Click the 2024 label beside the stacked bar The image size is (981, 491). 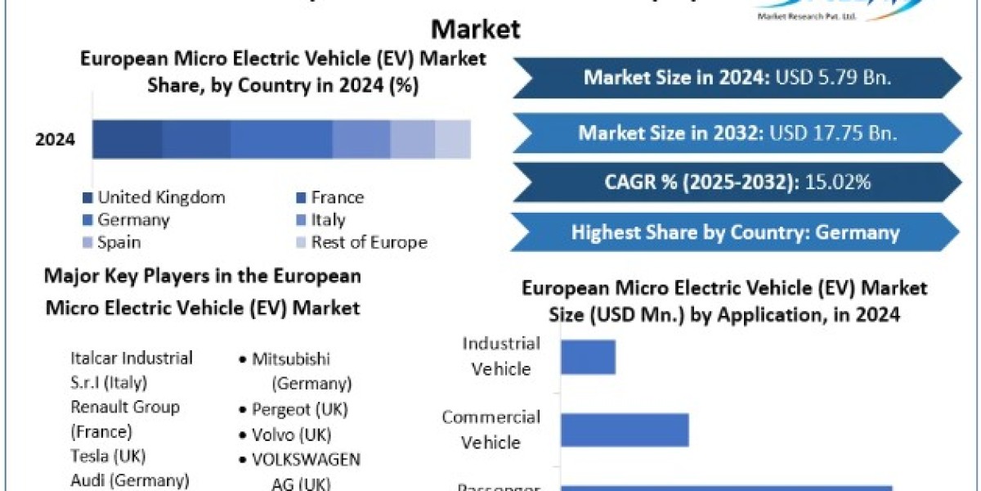[56, 139]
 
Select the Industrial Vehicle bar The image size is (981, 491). [588, 357]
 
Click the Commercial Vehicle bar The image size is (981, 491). [625, 430]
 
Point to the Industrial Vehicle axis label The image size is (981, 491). [501, 356]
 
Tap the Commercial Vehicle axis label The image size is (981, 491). [491, 430]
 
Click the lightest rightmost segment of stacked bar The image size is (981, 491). [452, 139]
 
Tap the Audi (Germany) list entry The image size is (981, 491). [130, 480]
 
